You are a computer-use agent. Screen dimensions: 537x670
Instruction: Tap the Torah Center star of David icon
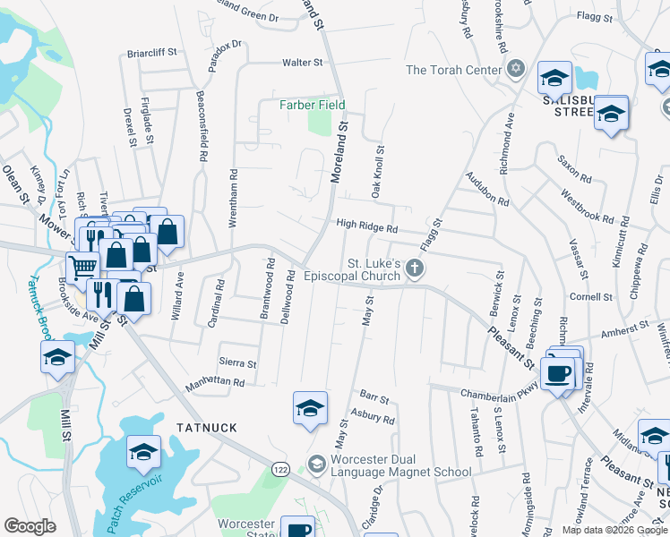(515, 69)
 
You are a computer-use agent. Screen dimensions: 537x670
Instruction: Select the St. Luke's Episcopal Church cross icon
(414, 268)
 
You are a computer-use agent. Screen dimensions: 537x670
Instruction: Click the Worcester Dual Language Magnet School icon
(315, 464)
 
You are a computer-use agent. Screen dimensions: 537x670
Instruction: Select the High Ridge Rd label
(366, 228)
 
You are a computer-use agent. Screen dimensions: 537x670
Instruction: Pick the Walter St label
(302, 63)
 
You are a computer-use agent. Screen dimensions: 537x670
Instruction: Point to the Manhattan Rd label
(214, 382)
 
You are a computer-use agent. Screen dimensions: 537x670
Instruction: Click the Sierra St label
(237, 364)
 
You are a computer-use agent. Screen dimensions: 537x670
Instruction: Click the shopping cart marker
(82, 266)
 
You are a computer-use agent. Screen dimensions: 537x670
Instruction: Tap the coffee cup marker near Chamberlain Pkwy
(558, 372)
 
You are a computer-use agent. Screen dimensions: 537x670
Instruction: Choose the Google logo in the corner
(30, 526)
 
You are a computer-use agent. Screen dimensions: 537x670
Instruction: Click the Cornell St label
(590, 296)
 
